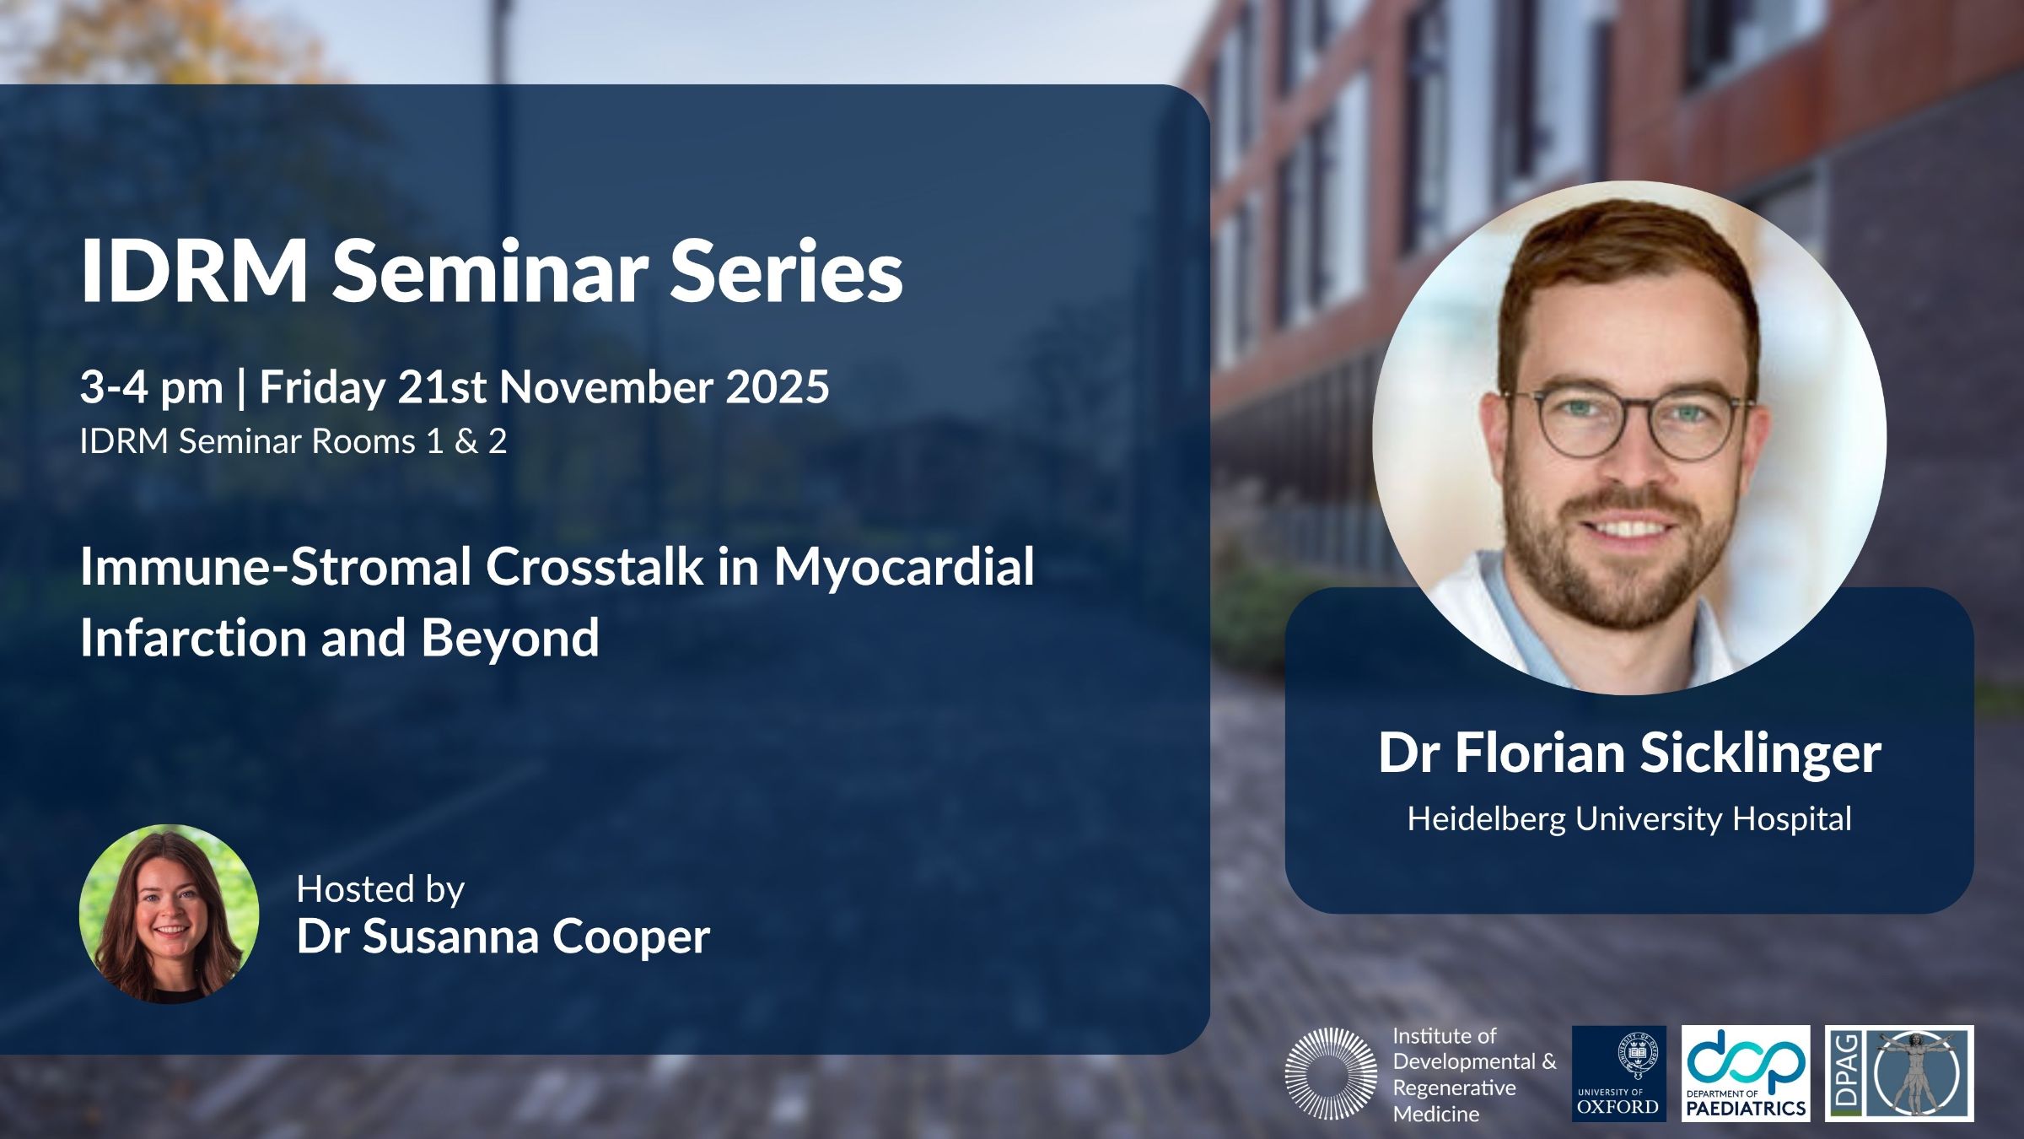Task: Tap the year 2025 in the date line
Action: pyautogui.click(x=778, y=387)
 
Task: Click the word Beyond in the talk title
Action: pyautogui.click(x=510, y=638)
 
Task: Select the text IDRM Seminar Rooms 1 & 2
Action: pyautogui.click(x=293, y=442)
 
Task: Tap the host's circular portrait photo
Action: pyautogui.click(x=169, y=914)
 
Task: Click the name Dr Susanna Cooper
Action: pyautogui.click(x=503, y=937)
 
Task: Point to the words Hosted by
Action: pyautogui.click(x=380, y=890)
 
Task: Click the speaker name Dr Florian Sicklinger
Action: pyautogui.click(x=1629, y=753)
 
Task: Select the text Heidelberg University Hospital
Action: pyautogui.click(x=1629, y=819)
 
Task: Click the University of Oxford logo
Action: pyautogui.click(x=1618, y=1073)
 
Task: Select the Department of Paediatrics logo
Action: pyautogui.click(x=1746, y=1073)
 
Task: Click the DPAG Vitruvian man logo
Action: pyautogui.click(x=1899, y=1073)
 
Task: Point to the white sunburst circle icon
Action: pyautogui.click(x=1331, y=1073)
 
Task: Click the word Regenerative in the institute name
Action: pyautogui.click(x=1454, y=1088)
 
